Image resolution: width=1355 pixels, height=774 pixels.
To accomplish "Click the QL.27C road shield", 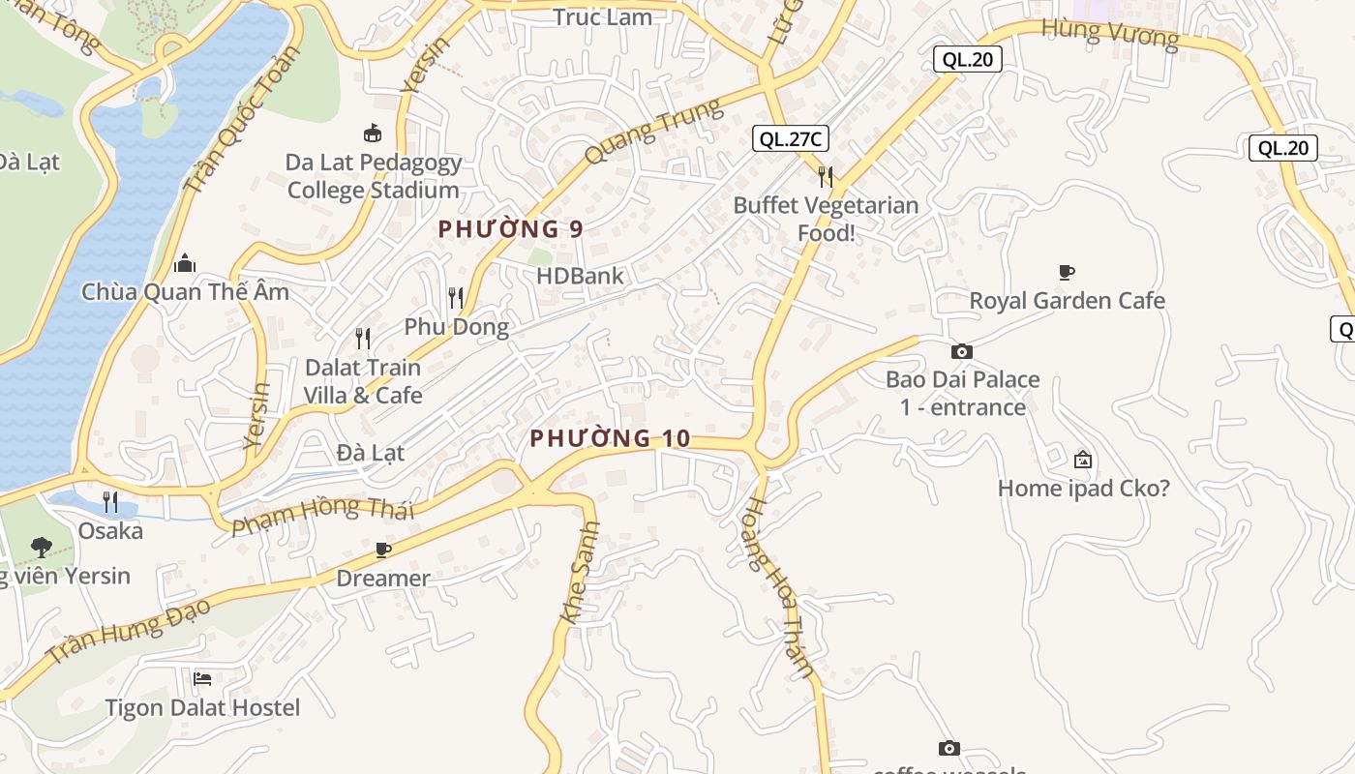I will [790, 139].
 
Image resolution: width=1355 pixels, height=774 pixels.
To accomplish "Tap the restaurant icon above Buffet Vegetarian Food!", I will [826, 176].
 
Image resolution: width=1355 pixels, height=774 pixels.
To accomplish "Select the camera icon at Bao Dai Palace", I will [961, 351].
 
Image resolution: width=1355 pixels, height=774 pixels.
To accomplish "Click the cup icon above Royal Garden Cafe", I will [1067, 273].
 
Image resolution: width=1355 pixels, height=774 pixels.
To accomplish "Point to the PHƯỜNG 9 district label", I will [510, 229].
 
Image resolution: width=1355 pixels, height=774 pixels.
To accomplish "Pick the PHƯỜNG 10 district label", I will [610, 438].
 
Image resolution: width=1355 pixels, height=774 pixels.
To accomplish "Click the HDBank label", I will [580, 276].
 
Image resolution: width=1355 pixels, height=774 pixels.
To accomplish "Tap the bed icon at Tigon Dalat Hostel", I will [202, 678].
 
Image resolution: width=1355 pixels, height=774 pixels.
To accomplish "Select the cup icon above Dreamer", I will [383, 551].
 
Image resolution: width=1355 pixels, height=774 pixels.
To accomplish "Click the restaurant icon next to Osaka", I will [110, 502].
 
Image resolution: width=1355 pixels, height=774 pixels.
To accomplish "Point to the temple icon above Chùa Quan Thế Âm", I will [185, 263].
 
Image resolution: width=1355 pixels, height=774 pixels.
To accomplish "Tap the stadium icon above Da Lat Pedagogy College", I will [372, 133].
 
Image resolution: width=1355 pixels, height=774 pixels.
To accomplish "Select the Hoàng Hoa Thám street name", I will [780, 587].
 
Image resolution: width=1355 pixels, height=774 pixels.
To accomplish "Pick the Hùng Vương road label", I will [1109, 34].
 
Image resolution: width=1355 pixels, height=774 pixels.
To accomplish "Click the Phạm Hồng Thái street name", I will [322, 516].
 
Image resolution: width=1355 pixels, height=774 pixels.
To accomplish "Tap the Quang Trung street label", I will [654, 133].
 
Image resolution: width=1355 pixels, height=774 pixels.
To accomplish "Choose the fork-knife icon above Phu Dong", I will [456, 297].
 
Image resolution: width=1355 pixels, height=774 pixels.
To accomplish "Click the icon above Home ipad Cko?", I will [1083, 460].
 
